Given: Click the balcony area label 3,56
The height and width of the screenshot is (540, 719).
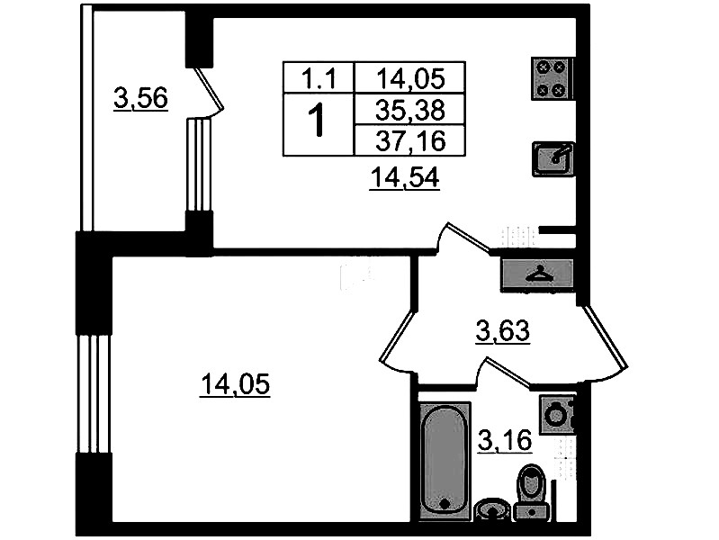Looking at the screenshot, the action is [140, 98].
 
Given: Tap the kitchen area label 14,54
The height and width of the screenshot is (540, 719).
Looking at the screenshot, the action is [405, 177].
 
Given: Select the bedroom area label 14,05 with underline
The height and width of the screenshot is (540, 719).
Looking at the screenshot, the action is [235, 384].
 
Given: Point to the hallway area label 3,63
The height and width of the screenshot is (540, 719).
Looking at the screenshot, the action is [502, 331].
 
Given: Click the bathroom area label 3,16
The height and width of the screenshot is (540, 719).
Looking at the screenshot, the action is [505, 441].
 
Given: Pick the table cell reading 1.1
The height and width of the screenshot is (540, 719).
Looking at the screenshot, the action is [319, 77].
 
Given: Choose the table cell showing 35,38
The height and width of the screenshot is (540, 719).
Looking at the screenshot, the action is [410, 110].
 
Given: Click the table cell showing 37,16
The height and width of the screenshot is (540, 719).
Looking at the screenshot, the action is [410, 140].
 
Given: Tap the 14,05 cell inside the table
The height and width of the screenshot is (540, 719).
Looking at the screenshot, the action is [410, 77].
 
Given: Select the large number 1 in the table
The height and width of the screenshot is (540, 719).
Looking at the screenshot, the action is [317, 121].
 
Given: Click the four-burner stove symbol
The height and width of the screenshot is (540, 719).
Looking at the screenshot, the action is [551, 78].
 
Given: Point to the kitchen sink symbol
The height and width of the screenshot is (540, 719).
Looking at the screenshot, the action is [553, 159].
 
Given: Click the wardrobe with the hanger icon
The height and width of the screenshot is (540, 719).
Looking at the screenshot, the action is [536, 275].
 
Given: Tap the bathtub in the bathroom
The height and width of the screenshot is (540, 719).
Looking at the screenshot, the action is [445, 461].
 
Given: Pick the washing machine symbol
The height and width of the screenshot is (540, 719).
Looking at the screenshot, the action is [557, 414].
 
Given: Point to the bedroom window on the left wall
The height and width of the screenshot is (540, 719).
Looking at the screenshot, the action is [94, 393].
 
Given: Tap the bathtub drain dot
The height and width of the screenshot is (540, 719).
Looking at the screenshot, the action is [444, 504].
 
